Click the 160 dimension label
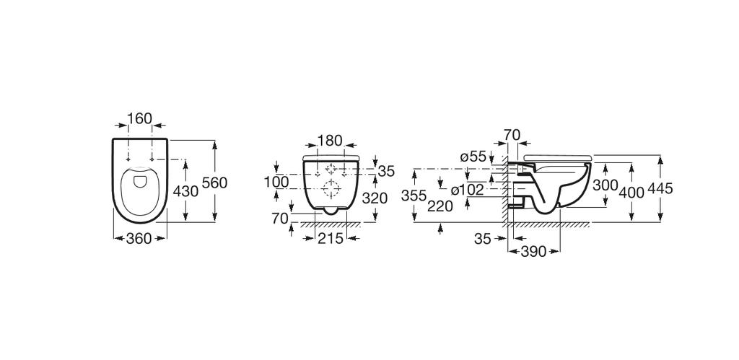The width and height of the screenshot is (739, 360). [x=139, y=118]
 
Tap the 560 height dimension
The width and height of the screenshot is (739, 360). [x=214, y=183]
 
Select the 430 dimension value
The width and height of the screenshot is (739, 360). [x=185, y=190]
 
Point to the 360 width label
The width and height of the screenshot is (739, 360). [x=139, y=238]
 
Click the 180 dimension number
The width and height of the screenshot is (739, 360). [x=330, y=139]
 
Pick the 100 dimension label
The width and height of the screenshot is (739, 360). [x=276, y=182]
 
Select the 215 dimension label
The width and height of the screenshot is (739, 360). [x=331, y=238]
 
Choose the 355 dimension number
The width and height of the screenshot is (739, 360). [x=414, y=196]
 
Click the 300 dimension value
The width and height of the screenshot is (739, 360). [x=605, y=185]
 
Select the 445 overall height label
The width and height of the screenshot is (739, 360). [x=660, y=189]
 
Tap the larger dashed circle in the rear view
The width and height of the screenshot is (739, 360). [x=332, y=190]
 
